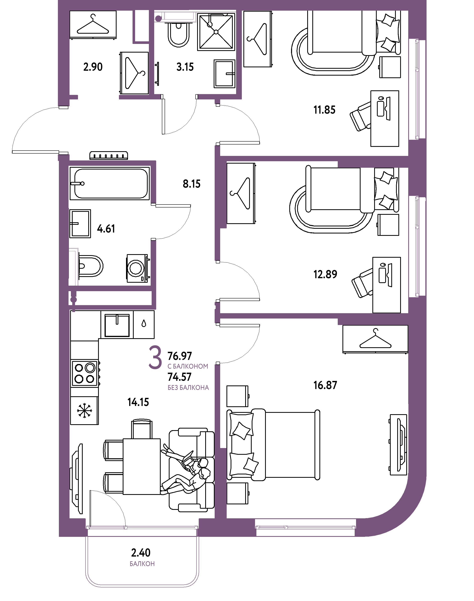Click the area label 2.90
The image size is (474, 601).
point(93,67)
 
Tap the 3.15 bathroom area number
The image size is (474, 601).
point(185,67)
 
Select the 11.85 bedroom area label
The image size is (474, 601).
point(324,110)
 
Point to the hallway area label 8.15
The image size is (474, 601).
point(191,184)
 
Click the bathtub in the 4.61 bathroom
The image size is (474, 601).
point(110,183)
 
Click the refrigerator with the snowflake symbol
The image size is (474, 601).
point(84,410)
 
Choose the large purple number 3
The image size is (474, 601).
point(155,357)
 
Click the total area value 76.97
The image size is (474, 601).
point(180,356)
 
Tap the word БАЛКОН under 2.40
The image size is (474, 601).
point(142,564)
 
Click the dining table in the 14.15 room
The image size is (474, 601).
point(142,467)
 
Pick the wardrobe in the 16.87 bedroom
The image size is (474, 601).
point(375,339)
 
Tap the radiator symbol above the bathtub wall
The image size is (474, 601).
point(109,155)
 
